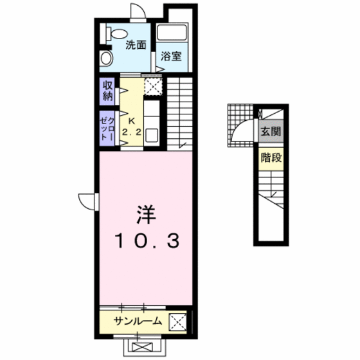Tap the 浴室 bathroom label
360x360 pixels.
(x=171, y=56)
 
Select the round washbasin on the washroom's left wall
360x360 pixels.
(x=107, y=59)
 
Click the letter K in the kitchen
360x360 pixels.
(x=131, y=121)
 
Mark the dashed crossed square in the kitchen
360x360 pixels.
(x=153, y=86)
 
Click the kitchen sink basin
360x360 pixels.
(x=152, y=136)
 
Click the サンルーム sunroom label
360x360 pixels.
(x=135, y=321)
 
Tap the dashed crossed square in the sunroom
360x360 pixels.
(x=177, y=321)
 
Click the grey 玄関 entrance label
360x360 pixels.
(x=270, y=132)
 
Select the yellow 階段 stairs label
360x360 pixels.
(x=270, y=158)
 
